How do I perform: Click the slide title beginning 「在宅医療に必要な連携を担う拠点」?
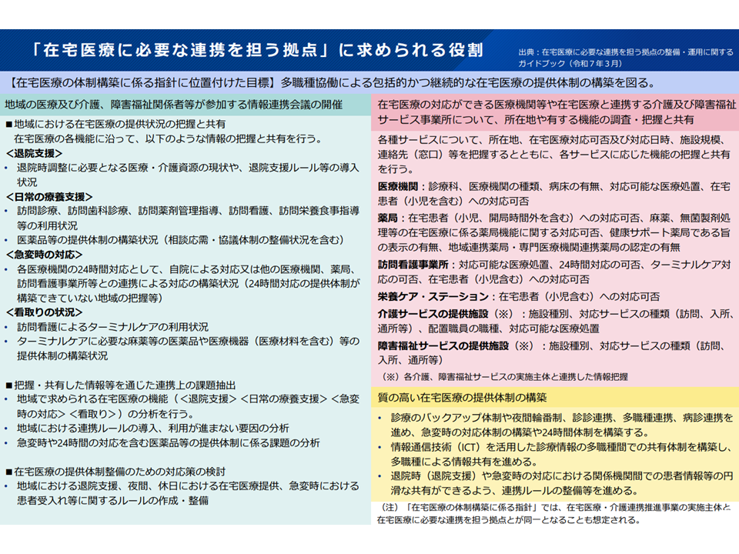[x=258, y=51]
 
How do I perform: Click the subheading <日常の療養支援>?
[x=48, y=196]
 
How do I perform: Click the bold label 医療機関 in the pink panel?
[x=397, y=187]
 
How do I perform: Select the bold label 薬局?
[x=386, y=218]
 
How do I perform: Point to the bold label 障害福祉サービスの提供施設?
[x=443, y=345]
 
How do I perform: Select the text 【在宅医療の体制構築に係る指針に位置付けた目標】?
[x=142, y=82]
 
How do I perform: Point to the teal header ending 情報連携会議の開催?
[x=173, y=105]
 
